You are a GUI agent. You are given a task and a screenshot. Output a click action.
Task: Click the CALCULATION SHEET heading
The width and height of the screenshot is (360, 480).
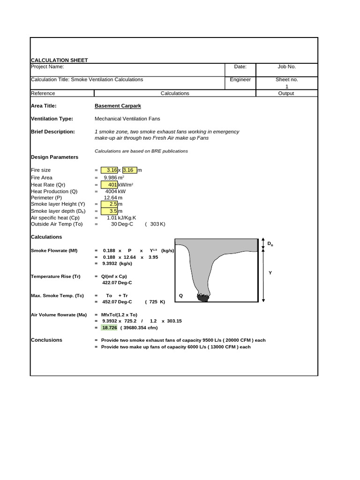(59, 60)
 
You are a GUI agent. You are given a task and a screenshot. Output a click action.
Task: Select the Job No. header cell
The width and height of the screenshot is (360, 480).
(286, 67)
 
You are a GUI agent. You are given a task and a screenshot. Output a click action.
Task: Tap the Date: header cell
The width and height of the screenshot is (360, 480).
(240, 67)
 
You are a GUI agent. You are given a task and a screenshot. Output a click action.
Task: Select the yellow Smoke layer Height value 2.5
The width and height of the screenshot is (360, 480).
(109, 204)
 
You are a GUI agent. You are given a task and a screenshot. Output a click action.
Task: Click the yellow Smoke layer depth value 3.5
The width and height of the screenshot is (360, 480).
(109, 211)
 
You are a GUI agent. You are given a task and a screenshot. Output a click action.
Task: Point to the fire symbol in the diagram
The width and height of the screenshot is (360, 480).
(202, 296)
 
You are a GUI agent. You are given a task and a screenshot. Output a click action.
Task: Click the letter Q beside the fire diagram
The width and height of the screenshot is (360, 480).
(181, 296)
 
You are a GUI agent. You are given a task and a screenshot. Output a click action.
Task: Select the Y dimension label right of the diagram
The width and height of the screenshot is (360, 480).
(270, 272)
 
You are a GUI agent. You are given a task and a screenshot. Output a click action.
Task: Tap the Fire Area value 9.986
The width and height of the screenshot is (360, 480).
(112, 178)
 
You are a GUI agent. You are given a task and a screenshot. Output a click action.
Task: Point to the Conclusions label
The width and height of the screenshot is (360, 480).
(46, 340)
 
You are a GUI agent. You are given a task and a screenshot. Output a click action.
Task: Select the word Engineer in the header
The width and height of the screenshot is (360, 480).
(240, 80)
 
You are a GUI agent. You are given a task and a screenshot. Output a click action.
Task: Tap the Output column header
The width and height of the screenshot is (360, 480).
(286, 93)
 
